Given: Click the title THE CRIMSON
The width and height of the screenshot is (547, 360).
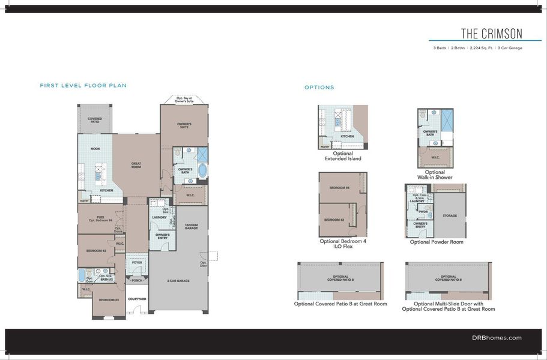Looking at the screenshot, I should (x=491, y=33).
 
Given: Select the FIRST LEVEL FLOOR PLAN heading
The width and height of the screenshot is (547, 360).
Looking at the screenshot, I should (x=83, y=86).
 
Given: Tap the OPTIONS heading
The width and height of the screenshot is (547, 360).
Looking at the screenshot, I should (x=319, y=88).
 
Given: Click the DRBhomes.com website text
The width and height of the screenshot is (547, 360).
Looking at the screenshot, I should (x=497, y=338).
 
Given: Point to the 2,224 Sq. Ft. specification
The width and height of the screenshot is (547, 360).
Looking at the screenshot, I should (x=477, y=48).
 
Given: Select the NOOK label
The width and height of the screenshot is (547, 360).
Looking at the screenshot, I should (x=95, y=148).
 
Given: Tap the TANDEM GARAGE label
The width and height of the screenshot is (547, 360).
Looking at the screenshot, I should (x=192, y=227).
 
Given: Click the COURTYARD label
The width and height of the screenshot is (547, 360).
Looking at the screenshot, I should (x=137, y=299).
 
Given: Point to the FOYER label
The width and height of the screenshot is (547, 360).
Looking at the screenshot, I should (x=136, y=262).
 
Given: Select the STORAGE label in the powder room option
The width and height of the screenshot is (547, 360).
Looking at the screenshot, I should (x=450, y=215).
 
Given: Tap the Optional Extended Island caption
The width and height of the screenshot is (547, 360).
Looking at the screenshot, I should (x=343, y=156).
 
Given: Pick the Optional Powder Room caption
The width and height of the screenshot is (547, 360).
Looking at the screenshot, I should (x=437, y=242).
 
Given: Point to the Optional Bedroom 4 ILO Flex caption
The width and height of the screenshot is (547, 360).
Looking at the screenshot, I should (x=343, y=243).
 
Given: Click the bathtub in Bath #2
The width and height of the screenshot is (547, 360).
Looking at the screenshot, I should (x=82, y=275).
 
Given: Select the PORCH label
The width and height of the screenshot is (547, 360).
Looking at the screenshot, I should (x=137, y=280).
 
